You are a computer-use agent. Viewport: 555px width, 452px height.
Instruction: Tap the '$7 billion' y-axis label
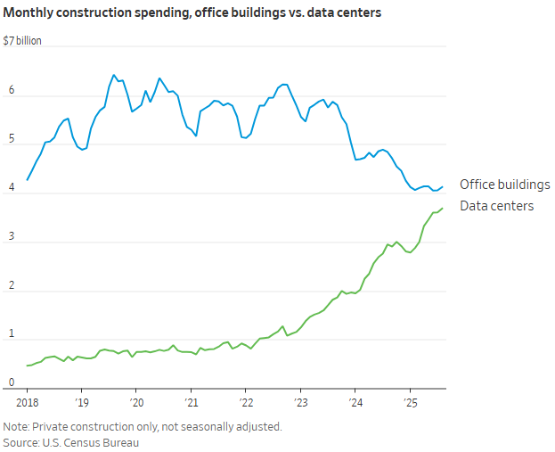click(22, 41)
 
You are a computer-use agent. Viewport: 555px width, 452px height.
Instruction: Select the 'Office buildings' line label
click(504, 185)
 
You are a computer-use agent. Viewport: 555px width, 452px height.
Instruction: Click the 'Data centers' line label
click(496, 206)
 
